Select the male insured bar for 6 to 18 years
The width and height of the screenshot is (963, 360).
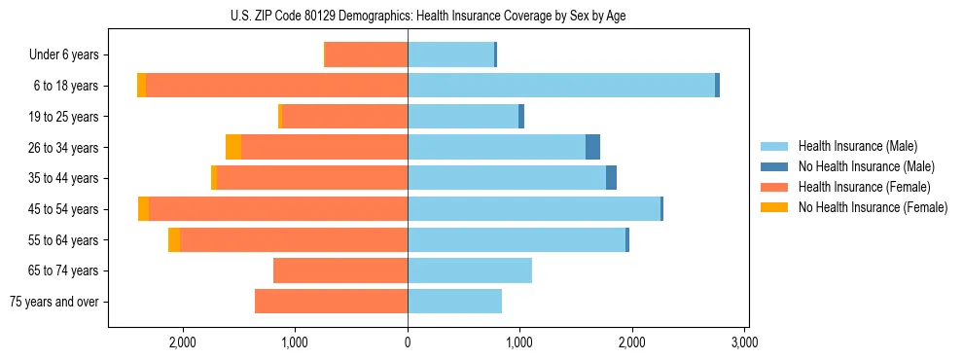click(x=561, y=86)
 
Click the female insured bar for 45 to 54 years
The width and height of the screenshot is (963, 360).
click(x=278, y=209)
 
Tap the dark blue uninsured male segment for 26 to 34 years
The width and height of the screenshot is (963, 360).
click(x=592, y=147)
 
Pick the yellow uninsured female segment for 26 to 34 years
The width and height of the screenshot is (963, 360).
click(x=233, y=147)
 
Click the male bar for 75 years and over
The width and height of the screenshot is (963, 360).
click(x=454, y=302)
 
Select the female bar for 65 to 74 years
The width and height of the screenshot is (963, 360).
click(x=340, y=270)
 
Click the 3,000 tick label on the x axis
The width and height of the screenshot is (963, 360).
click(x=744, y=342)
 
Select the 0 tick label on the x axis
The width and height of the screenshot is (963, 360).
click(x=408, y=342)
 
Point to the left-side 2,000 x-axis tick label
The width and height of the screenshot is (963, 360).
click(x=183, y=342)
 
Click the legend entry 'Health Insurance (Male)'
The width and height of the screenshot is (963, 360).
click(x=858, y=146)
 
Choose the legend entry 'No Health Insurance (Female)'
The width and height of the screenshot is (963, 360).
click(x=873, y=207)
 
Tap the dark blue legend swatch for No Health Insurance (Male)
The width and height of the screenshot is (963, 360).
click(x=774, y=166)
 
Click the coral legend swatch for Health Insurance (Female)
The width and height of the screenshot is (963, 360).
click(x=774, y=187)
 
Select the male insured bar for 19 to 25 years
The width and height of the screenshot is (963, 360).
click(x=463, y=117)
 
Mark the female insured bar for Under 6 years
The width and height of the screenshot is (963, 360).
click(x=366, y=54)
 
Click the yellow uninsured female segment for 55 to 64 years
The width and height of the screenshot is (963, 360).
click(x=174, y=240)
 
